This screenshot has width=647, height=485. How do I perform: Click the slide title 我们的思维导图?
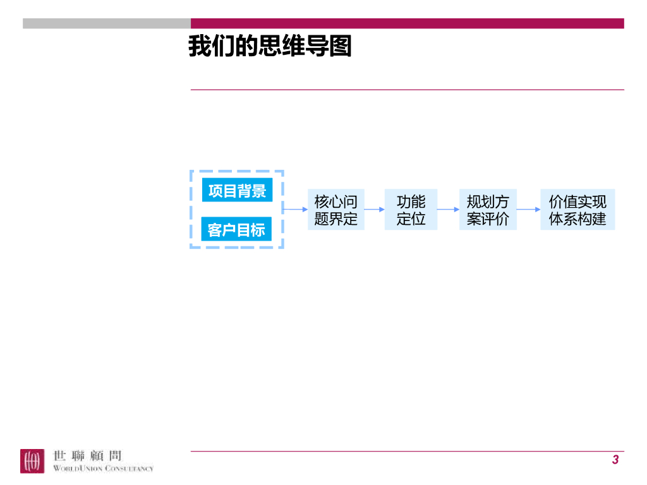pyautogui.click(x=270, y=47)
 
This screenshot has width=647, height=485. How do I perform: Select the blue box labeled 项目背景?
pyautogui.click(x=237, y=190)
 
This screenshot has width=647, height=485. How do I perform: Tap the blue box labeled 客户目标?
pyautogui.click(x=237, y=229)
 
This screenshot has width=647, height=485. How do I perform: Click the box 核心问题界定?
pyautogui.click(x=336, y=210)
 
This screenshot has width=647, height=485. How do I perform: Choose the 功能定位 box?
pyautogui.click(x=411, y=210)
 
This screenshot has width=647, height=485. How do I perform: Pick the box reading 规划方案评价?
pyautogui.click(x=488, y=210)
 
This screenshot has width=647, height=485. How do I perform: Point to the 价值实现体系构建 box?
pyautogui.click(x=577, y=210)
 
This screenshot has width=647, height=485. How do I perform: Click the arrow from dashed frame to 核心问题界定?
pyautogui.click(x=295, y=209)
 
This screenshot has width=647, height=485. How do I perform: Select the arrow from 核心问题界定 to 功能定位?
pyautogui.click(x=374, y=209)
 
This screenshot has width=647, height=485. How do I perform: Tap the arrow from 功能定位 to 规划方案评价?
pyautogui.click(x=448, y=209)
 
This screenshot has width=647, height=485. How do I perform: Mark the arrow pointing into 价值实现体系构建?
pyautogui.click(x=528, y=209)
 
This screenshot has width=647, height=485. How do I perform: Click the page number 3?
pyautogui.click(x=615, y=460)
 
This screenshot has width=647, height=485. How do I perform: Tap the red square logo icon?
pyautogui.click(x=32, y=460)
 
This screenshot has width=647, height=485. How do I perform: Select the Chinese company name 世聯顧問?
pyautogui.click(x=88, y=455)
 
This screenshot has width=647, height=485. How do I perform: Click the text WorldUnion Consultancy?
pyautogui.click(x=103, y=469)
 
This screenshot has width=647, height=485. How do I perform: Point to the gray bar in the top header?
pyautogui.click(x=107, y=23)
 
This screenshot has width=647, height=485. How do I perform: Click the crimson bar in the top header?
pyautogui.click(x=408, y=23)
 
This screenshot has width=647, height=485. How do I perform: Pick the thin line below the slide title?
pyautogui.click(x=408, y=90)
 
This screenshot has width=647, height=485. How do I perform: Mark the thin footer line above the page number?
pyautogui.click(x=408, y=451)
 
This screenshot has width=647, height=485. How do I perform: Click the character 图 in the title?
pyautogui.click(x=341, y=47)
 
